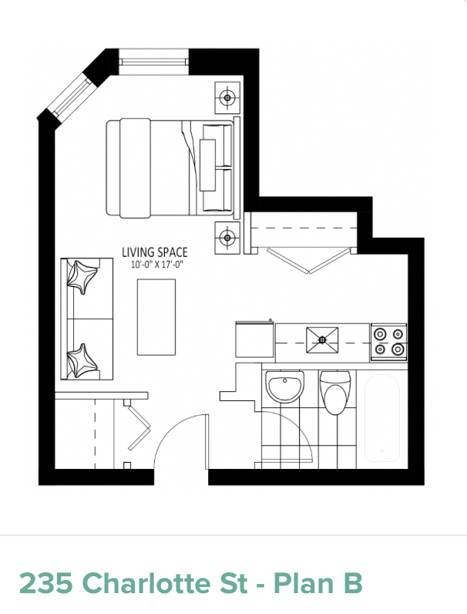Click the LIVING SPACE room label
click(x=155, y=252)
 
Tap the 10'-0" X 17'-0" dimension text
click(x=156, y=265)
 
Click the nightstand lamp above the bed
click(x=227, y=98)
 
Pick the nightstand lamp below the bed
click(x=227, y=238)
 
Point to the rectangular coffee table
click(x=156, y=317)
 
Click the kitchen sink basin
click(x=322, y=340)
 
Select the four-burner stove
click(x=388, y=342)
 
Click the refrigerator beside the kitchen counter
click(x=254, y=339)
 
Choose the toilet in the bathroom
click(x=335, y=393)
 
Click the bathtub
click(x=382, y=418)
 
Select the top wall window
click(x=153, y=62)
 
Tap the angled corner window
click(x=71, y=96)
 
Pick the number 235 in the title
click(x=45, y=583)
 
